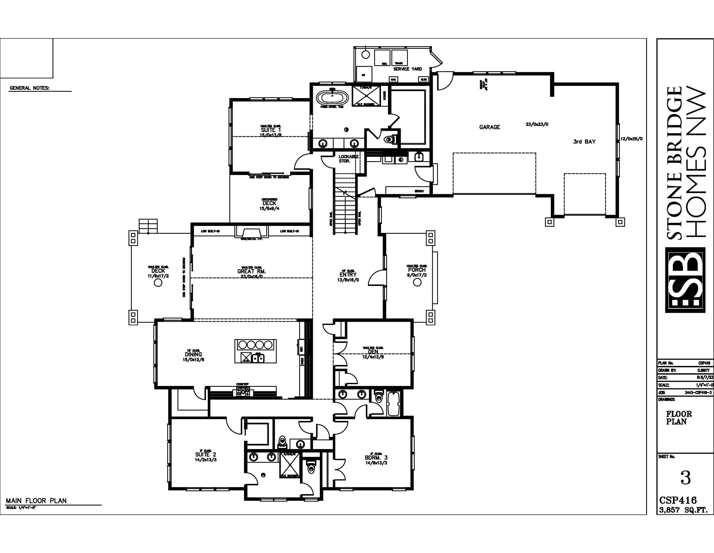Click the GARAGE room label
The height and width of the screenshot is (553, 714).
pos(489,127)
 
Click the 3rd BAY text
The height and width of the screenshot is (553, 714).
pos(584,142)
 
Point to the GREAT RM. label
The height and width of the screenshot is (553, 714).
pos(251,271)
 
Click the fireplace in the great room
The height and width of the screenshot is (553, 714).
pos(251,233)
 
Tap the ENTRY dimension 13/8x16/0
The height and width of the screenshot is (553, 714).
pos(348,280)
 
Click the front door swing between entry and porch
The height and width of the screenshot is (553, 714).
pos(377,279)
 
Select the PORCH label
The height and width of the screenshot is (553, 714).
pos(417,270)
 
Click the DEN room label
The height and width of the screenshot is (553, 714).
pos(373,352)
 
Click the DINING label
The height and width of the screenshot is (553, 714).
pos(193,354)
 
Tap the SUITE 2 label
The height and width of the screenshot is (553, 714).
pos(205,455)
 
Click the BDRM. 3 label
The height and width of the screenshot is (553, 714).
pos(376,458)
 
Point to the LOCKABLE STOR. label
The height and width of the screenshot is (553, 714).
pos(348,159)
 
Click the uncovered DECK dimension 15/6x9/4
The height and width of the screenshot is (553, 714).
pos(269,208)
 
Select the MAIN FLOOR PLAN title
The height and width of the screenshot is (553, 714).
pos(36,501)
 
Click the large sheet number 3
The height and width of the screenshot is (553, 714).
pos(685,478)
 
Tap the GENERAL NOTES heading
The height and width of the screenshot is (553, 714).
pos(30,88)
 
